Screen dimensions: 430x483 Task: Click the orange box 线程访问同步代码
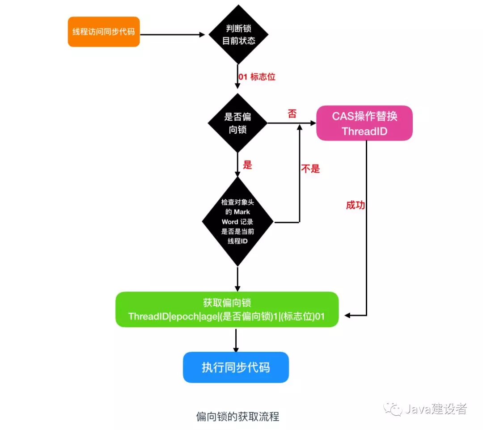tap(104, 32)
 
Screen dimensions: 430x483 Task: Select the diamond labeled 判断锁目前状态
tap(239, 34)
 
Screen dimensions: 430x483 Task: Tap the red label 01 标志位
tap(257, 77)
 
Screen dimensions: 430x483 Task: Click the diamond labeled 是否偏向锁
tap(237, 123)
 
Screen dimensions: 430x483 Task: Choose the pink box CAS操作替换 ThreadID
tap(364, 123)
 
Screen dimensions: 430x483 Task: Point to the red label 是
tap(247, 164)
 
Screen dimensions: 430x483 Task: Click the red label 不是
tap(310, 169)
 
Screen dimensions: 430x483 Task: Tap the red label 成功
tap(356, 205)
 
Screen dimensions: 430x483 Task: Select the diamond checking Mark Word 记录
tap(237, 221)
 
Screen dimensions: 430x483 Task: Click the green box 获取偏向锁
tap(227, 310)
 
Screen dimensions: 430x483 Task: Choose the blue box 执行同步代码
tap(236, 367)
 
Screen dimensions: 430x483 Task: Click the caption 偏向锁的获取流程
tap(237, 417)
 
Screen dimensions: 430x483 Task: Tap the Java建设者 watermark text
tap(436, 409)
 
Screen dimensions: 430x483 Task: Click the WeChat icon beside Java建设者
tap(394, 409)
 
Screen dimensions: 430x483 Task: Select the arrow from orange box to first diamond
tap(174, 34)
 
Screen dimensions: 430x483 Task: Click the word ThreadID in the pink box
tap(364, 131)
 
